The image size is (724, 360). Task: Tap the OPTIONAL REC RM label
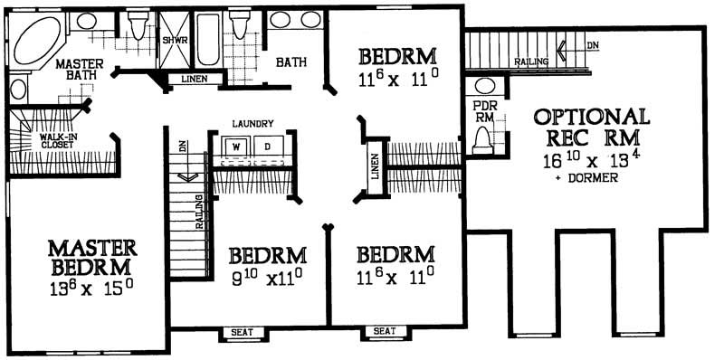[592, 128]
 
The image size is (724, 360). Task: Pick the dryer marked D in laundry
[269, 145]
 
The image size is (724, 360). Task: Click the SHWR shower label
[174, 41]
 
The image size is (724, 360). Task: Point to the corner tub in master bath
[35, 41]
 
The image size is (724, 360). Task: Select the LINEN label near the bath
[193, 80]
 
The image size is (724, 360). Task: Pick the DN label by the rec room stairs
[592, 44]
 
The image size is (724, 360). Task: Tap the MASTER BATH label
[80, 71]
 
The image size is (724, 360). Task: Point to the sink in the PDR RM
[485, 87]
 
